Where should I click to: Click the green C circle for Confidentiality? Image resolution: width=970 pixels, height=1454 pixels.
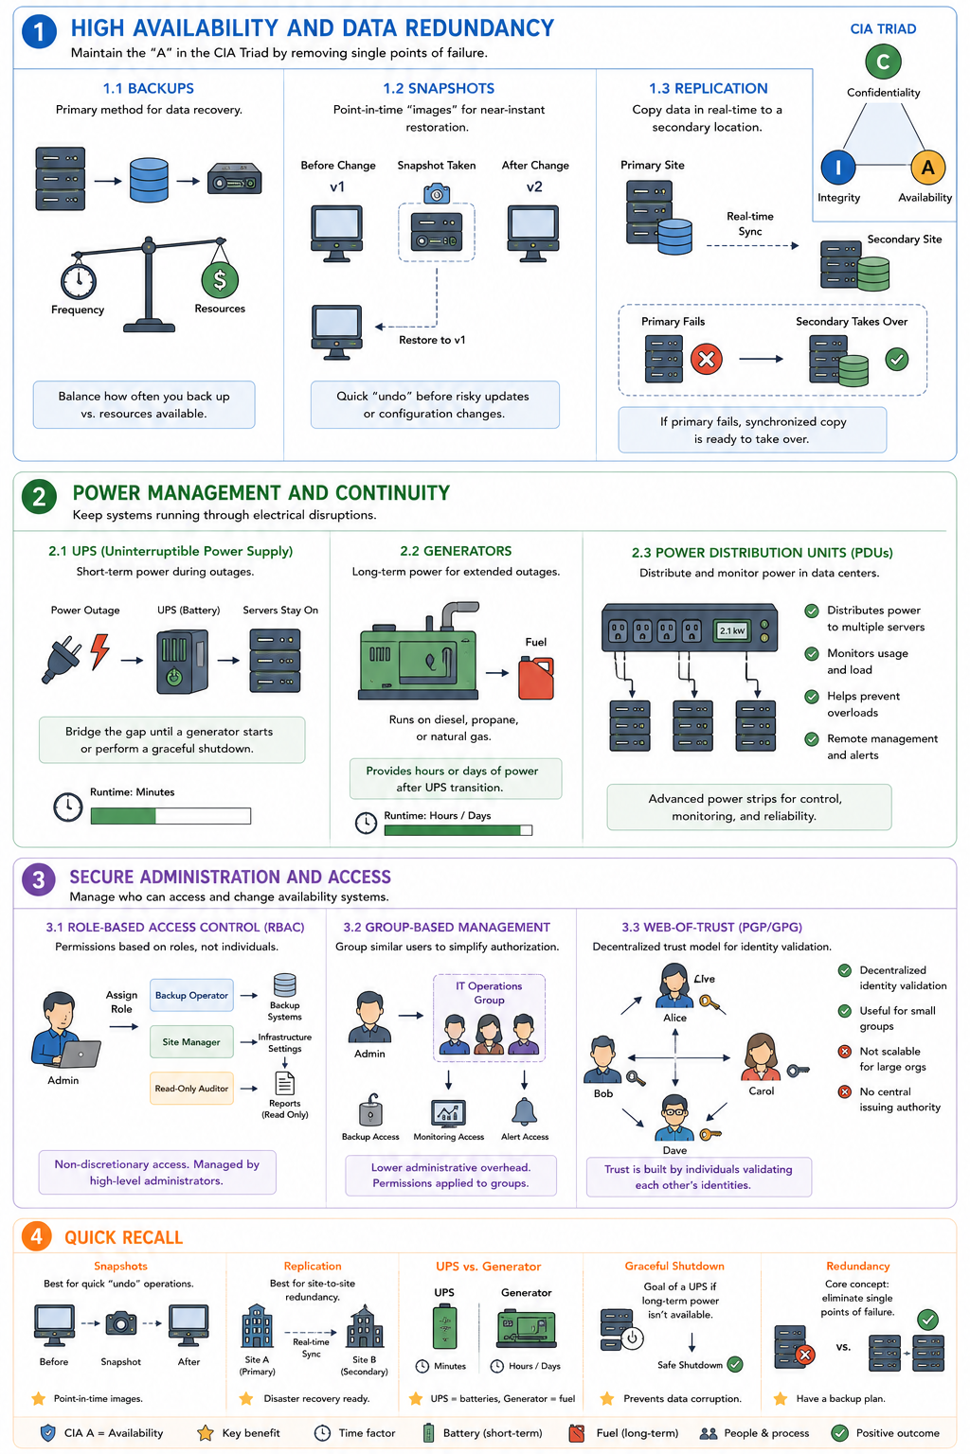pyautogui.click(x=883, y=62)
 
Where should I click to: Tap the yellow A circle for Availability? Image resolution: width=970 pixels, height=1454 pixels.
pyautogui.click(x=927, y=168)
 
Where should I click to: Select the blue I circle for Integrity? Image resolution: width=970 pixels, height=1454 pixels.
pyautogui.click(x=838, y=168)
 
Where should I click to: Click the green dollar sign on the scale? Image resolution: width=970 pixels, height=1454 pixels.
pyautogui.click(x=220, y=280)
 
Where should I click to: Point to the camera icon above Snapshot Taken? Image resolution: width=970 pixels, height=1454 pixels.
pyautogui.click(x=437, y=193)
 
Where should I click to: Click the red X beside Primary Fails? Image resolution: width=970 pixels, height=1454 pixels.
pyautogui.click(x=707, y=359)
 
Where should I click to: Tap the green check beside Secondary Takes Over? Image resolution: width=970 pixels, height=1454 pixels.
pyautogui.click(x=896, y=359)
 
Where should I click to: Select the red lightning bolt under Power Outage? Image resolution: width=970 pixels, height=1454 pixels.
pyautogui.click(x=99, y=651)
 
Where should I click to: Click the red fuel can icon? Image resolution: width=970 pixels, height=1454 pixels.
pyautogui.click(x=536, y=678)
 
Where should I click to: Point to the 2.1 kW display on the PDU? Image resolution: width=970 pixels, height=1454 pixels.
pyautogui.click(x=732, y=630)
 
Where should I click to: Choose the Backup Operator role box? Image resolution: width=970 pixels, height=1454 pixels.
pyautogui.click(x=191, y=995)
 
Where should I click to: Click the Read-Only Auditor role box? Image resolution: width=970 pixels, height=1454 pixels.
pyautogui.click(x=191, y=1089)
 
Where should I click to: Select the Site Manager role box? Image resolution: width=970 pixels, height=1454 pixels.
pyautogui.click(x=191, y=1042)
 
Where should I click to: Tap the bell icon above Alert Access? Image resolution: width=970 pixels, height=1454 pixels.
pyautogui.click(x=524, y=1111)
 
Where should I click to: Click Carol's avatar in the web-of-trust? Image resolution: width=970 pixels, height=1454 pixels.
pyautogui.click(x=761, y=1056)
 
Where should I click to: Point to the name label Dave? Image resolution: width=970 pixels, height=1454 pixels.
pyautogui.click(x=675, y=1150)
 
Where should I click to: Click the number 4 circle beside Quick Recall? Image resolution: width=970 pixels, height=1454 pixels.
pyautogui.click(x=37, y=1236)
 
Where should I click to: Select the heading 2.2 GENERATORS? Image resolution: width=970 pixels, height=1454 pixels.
pyautogui.click(x=456, y=551)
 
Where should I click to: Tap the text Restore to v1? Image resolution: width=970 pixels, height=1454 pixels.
pyautogui.click(x=432, y=340)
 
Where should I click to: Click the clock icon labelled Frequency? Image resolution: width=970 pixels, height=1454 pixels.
pyautogui.click(x=79, y=280)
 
